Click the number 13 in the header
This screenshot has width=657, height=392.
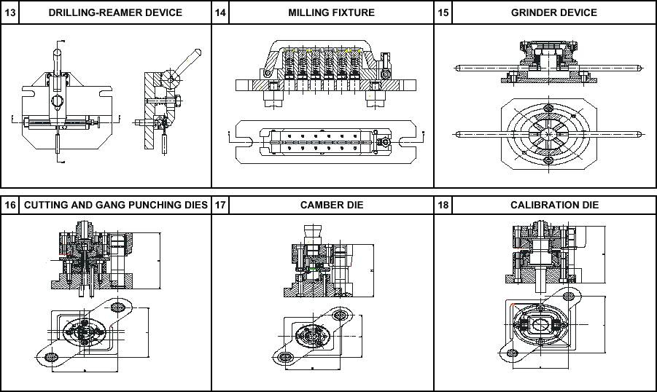[9, 12]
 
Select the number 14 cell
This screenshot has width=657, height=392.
[220, 12]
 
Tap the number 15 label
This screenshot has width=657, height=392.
[443, 12]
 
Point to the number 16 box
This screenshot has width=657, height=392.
[9, 205]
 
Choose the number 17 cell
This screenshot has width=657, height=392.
[220, 205]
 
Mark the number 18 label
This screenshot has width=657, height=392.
[443, 205]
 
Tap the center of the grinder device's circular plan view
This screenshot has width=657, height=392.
[546, 134]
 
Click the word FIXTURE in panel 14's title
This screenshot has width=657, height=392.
[354, 12]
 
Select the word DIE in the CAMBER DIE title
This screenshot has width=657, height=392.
[354, 205]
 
